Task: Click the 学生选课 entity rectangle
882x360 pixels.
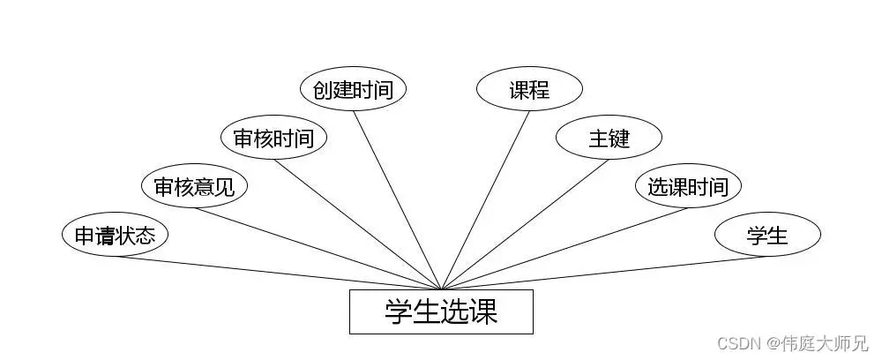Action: pos(441,311)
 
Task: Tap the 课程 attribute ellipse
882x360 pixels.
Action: pos(529,89)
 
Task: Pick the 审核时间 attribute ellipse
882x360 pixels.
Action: pos(273,138)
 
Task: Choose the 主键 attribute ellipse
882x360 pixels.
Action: pos(609,138)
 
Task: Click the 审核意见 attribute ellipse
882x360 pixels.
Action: pos(194,186)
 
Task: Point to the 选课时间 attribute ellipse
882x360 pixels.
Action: pos(688,186)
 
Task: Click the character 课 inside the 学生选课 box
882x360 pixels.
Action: pos(483,311)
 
